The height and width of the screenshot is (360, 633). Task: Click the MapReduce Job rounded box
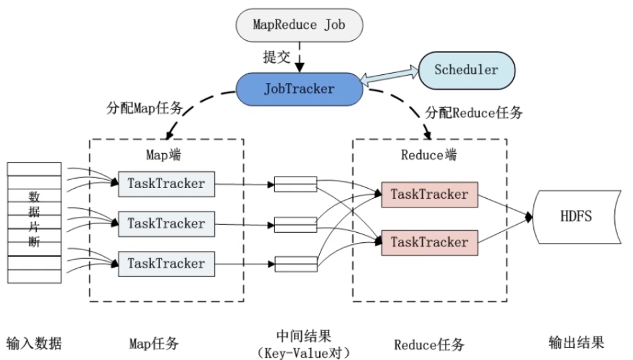tap(299, 25)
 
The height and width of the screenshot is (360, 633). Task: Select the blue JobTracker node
tap(299, 89)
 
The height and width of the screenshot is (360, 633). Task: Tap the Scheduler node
tap(466, 70)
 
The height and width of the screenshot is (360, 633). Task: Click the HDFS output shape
tap(577, 217)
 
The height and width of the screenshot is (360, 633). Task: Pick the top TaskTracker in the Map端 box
tap(167, 184)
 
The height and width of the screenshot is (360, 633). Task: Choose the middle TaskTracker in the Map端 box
tap(167, 224)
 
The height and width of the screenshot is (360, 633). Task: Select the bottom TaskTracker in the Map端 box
tap(167, 264)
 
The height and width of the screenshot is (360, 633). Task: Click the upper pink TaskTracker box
tap(430, 195)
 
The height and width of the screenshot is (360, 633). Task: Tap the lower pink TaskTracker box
tap(430, 242)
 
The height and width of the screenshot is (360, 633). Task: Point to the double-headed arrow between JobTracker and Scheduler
tap(389, 76)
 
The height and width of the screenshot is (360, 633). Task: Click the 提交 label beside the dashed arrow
tap(276, 56)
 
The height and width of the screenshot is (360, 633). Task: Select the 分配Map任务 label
tap(145, 108)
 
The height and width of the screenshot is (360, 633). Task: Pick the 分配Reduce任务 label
tap(474, 112)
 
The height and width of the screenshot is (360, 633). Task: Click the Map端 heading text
tap(163, 155)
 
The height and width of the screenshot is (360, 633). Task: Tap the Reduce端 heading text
tap(429, 155)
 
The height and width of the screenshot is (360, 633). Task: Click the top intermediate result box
tap(296, 184)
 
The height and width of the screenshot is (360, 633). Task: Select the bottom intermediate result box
tap(296, 264)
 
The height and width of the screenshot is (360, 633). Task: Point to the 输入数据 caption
tap(34, 343)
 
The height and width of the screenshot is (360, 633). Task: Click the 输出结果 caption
tap(577, 343)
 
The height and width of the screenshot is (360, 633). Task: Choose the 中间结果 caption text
tap(304, 336)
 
